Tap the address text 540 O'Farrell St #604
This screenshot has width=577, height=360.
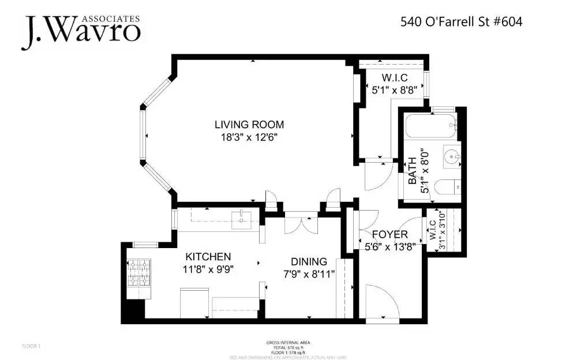click(461, 22)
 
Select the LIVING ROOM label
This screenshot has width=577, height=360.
click(249, 124)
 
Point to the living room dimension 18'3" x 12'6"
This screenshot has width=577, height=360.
click(249, 137)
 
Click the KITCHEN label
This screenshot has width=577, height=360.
click(208, 257)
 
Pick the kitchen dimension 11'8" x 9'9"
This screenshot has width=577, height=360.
click(208, 268)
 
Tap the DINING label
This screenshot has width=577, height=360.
click(308, 261)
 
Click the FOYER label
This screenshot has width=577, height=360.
click(389, 235)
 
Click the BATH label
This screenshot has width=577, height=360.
click(412, 171)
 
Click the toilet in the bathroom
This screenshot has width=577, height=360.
click(447, 186)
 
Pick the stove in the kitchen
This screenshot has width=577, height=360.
click(138, 272)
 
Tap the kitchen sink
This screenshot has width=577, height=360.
click(240, 218)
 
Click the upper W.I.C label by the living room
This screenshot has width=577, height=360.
click(395, 77)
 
